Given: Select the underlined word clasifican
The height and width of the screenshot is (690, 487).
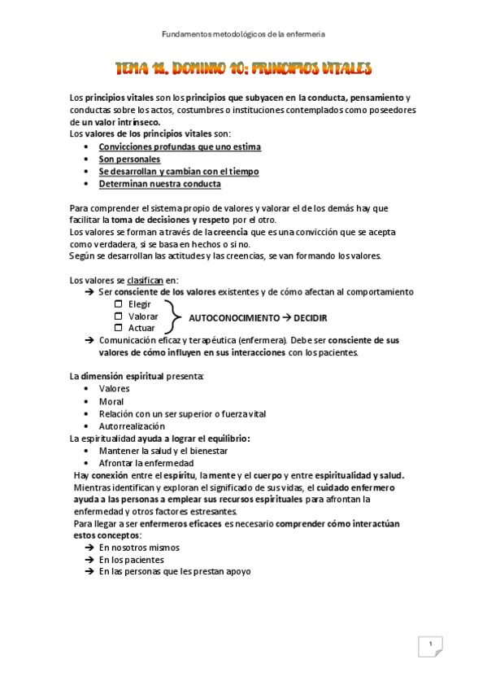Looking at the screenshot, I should tap(145, 280).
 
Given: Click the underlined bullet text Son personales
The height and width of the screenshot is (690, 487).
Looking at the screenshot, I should tap(129, 159).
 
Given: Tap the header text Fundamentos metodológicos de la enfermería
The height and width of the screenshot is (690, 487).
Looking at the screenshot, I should tap(244, 34).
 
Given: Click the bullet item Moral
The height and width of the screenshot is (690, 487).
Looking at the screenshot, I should tap(111, 401).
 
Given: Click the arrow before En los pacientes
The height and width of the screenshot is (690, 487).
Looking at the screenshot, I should tap(89, 560).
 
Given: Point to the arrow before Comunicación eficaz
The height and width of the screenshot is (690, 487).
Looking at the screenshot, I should tap(89, 340).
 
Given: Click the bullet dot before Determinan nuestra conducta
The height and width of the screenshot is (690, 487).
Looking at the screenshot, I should tap(86, 184).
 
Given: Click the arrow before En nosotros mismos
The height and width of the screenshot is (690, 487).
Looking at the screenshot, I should tap(89, 548).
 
